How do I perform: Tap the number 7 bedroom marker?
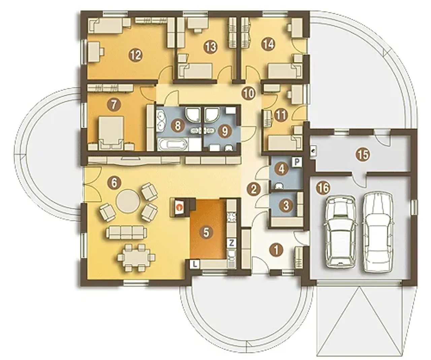113,105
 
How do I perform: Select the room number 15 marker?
363,155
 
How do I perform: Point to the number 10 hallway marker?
248,94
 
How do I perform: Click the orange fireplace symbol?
180,207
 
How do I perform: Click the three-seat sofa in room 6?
126,232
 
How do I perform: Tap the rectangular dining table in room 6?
136,257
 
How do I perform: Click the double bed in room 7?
111,132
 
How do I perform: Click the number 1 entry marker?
276,250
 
